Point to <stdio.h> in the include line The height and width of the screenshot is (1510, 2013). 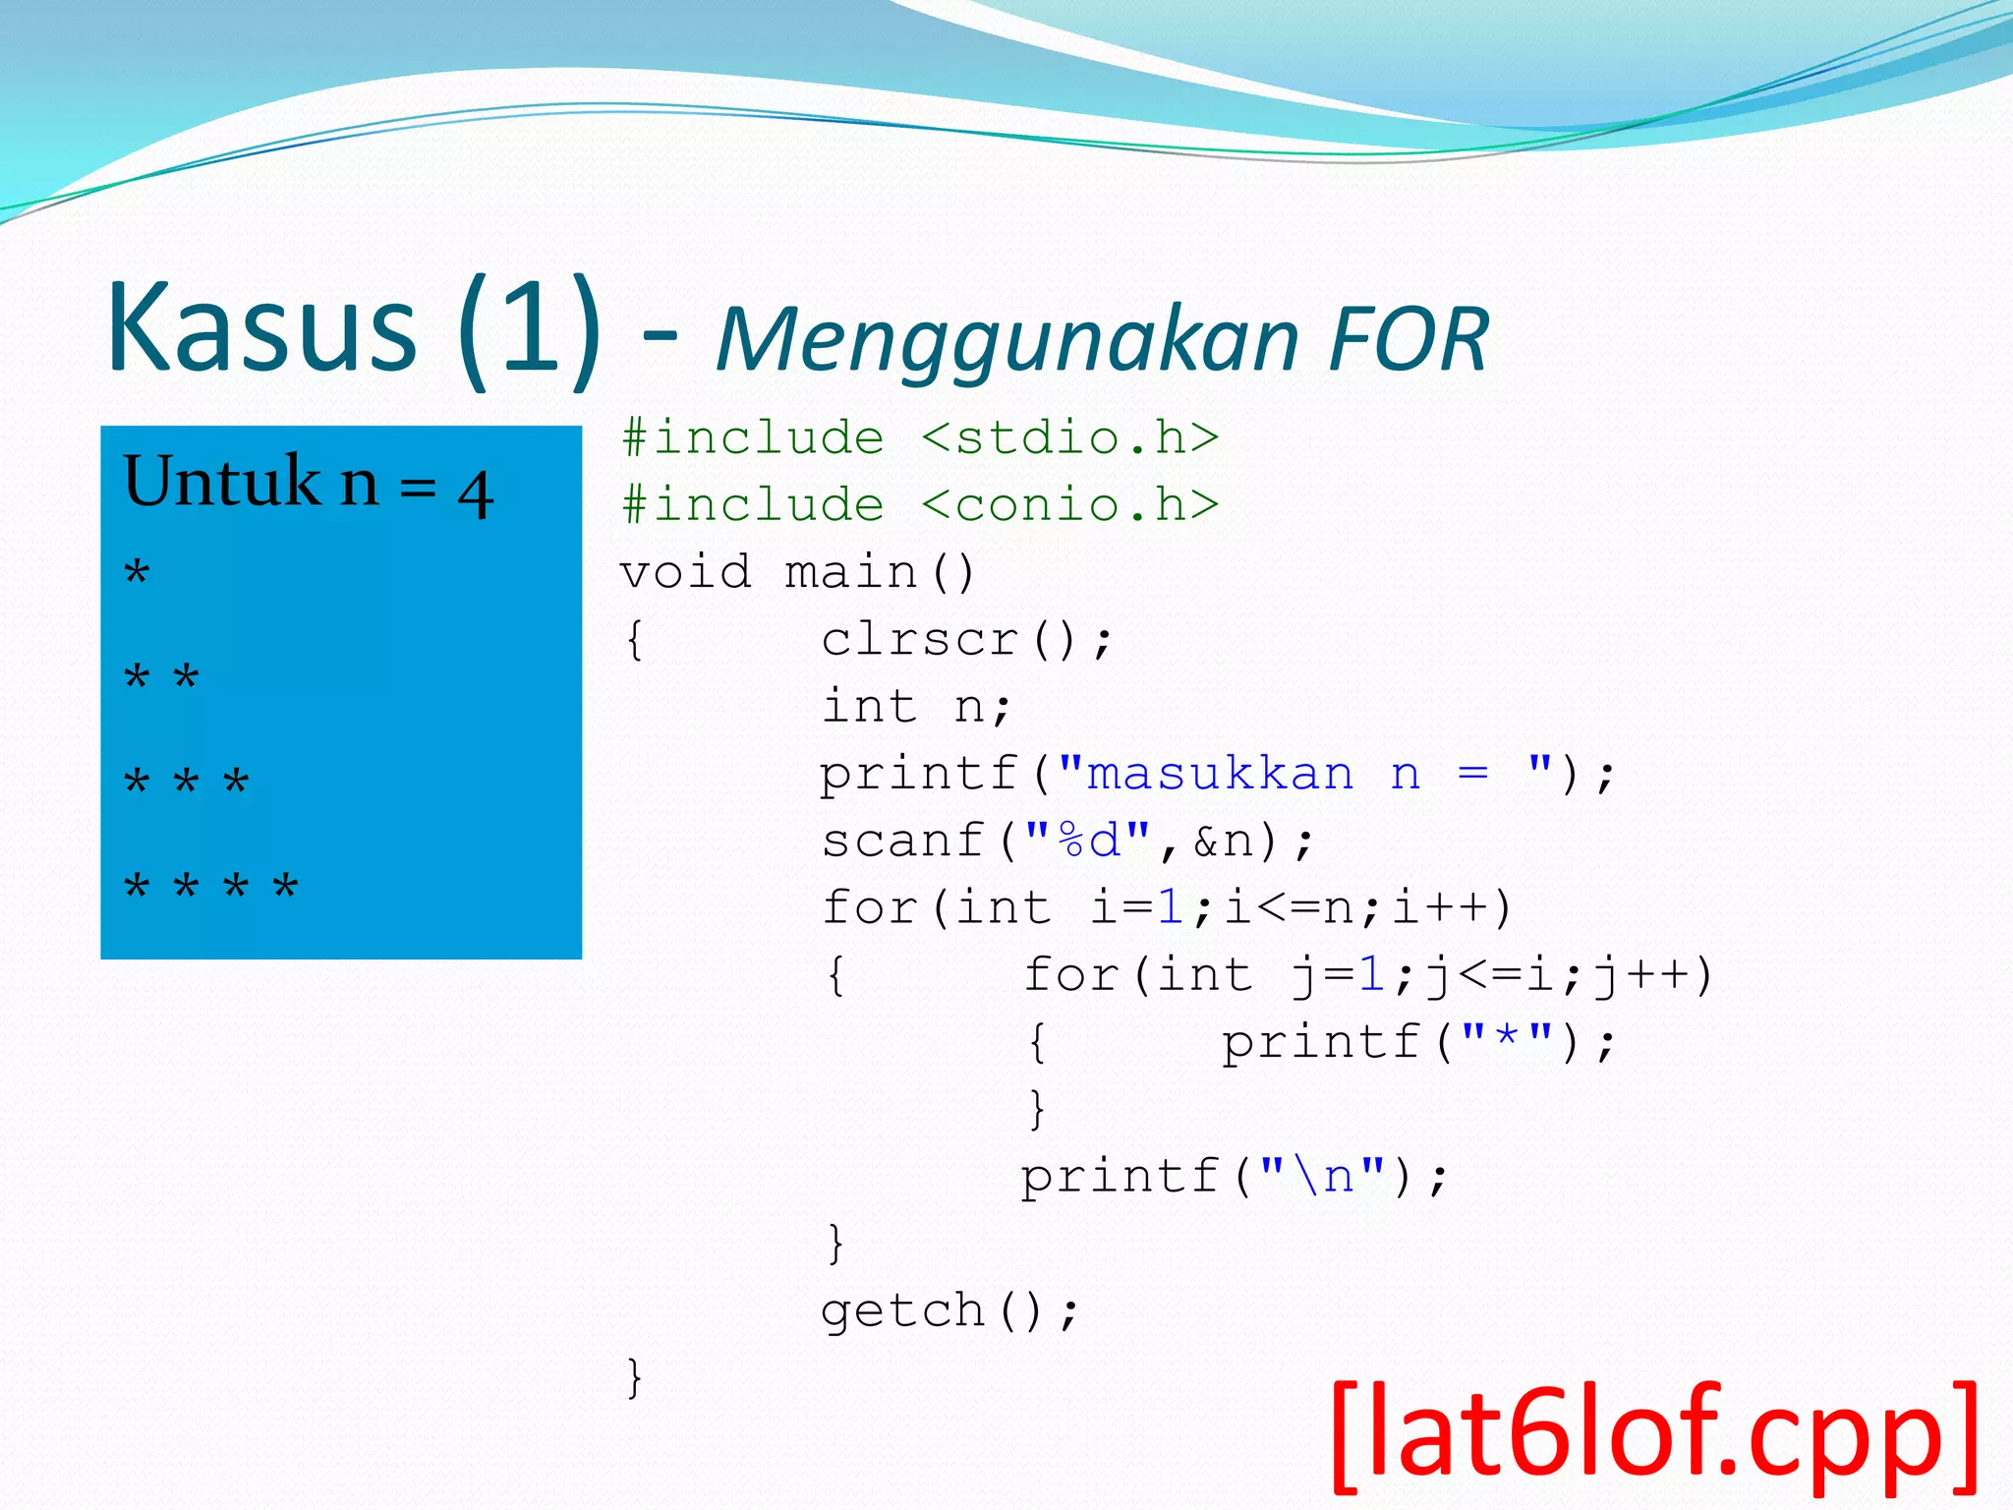1070,437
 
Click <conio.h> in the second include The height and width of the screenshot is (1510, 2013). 1070,505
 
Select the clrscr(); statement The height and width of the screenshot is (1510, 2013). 967,640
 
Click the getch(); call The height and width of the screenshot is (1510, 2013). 949,1310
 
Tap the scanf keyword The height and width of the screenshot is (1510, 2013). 902,841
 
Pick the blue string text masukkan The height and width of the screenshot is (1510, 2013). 1219,774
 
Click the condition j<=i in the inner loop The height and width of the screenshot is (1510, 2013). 1490,975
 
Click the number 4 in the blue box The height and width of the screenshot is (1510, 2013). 475,494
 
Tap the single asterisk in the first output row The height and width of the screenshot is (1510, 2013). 137,572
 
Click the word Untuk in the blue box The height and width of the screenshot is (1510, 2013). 221,482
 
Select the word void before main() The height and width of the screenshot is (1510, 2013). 685,572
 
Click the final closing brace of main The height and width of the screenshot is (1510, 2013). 634,1377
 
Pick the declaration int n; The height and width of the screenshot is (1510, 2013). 915,707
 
